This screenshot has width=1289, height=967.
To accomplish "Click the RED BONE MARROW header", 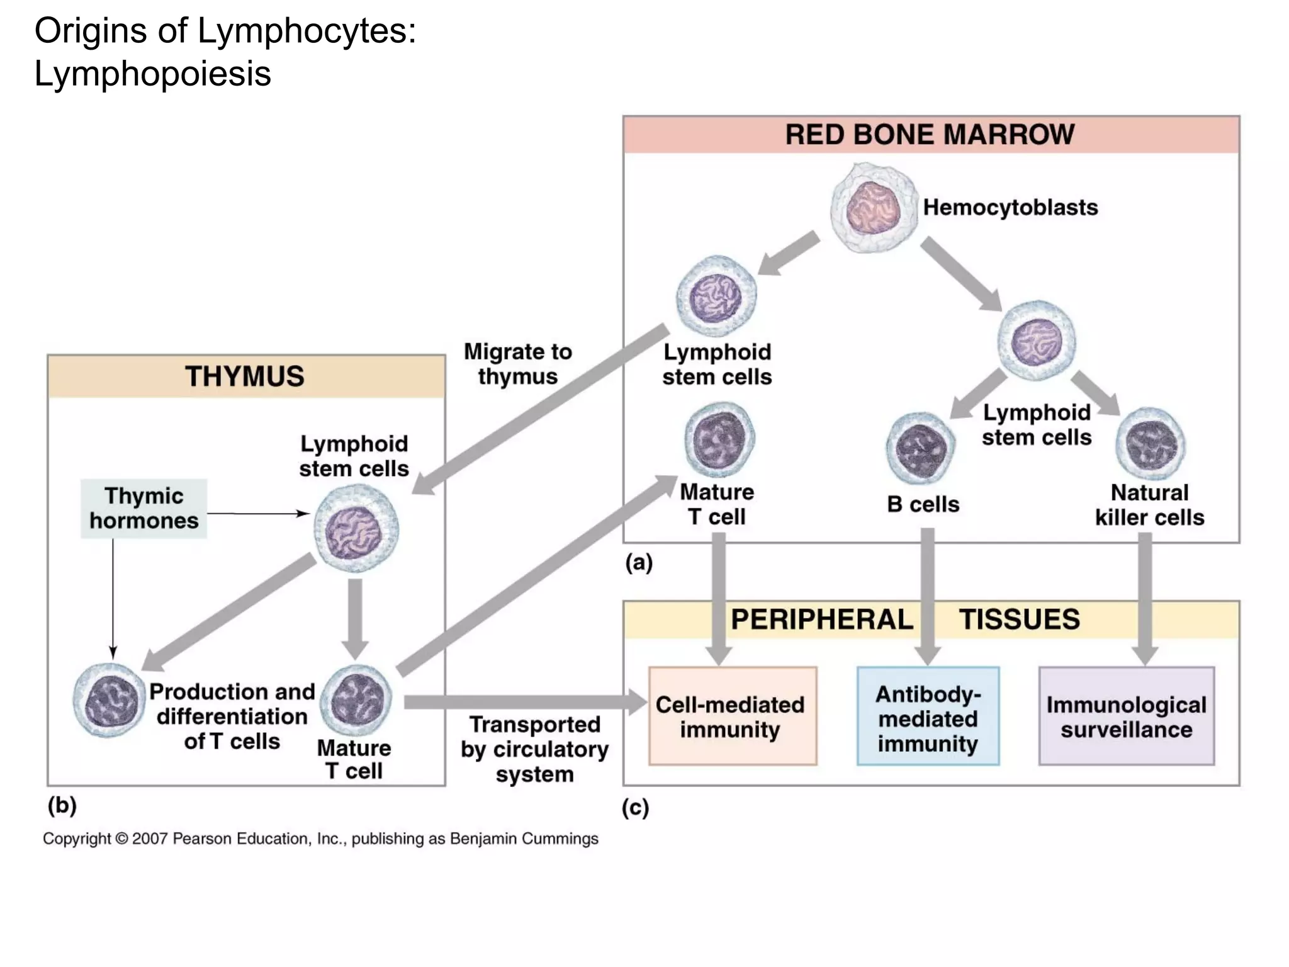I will pos(930,135).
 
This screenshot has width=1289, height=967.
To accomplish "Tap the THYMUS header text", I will pos(245,376).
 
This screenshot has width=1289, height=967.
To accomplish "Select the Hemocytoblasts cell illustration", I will pos(873,208).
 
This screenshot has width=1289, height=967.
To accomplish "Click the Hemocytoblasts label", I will pos(1010,207).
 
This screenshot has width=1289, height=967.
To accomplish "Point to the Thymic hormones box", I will pos(144,508).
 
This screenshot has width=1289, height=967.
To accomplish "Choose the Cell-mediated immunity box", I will pos(732,716).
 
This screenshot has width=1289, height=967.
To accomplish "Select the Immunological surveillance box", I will pos(1126,716).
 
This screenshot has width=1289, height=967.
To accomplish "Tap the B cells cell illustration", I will pos(920,448).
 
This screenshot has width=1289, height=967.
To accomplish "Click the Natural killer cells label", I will pos(1149,505).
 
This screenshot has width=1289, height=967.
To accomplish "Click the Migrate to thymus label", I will pos(518,364).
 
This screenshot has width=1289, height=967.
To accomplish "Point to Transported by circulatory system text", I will pos(534,749).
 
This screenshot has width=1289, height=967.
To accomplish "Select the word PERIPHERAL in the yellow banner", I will pos(821,619).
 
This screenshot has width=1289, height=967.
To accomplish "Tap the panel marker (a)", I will pos(638,562).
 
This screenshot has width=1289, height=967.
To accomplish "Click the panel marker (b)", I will pos(62,805).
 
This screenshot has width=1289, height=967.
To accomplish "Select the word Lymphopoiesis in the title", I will pos(152,74).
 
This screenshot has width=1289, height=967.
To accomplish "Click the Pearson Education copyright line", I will pos(320,839).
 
